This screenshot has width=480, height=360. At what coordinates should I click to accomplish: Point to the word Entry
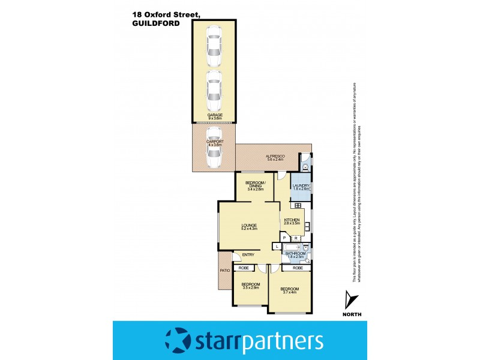248,255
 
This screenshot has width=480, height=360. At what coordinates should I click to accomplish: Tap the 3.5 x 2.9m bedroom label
251,286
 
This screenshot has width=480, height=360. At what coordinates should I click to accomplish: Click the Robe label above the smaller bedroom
244,268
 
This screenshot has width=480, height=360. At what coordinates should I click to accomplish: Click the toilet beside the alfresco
305,166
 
